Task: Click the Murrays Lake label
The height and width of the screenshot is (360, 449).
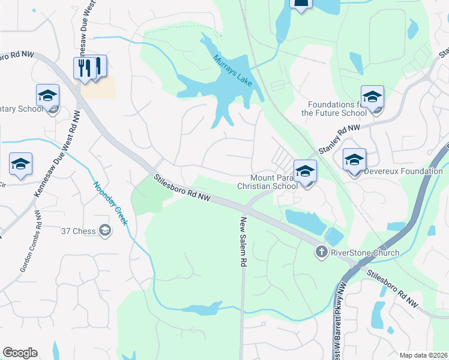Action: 232,70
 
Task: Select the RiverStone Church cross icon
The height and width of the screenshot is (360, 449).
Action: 322,253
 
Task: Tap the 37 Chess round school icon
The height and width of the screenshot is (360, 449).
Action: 105,230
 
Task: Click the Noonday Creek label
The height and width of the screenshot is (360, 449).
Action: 110,203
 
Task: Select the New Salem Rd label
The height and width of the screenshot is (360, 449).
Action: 244,241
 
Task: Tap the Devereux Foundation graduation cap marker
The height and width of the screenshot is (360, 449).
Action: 354,160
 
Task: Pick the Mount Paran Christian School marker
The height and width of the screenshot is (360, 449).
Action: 305,170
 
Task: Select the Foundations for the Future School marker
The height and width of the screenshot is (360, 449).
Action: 372,97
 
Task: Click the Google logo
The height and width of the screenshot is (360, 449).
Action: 20,353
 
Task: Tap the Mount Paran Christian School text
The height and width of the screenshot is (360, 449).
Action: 274,182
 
